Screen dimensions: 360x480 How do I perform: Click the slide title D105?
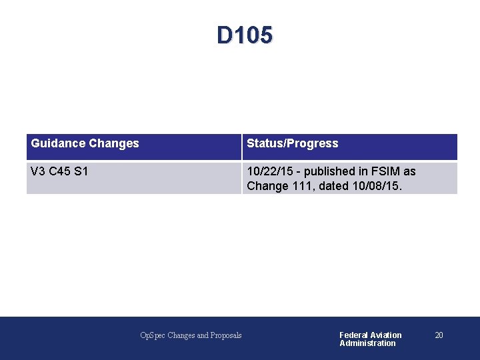point(244,35)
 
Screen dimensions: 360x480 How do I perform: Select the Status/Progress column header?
point(293,143)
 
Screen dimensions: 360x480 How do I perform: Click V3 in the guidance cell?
point(38,171)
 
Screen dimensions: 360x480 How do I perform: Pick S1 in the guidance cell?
point(81,171)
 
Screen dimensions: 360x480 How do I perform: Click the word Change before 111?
point(268,186)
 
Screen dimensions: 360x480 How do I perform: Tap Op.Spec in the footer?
point(153,335)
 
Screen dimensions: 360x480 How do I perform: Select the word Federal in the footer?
point(353,335)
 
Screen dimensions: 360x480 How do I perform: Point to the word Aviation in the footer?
point(386,335)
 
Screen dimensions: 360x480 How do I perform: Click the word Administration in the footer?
point(367,343)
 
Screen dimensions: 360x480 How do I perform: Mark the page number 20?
point(439,335)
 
